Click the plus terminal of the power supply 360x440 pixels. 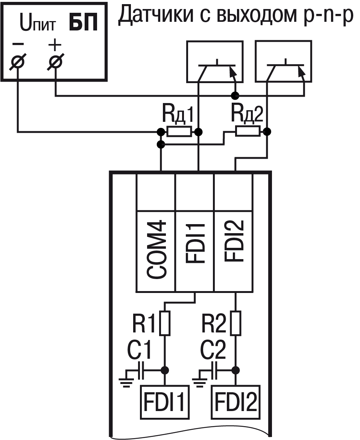(x=55, y=62)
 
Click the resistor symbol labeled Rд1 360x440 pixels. (x=179, y=132)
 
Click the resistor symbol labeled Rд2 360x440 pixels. (x=248, y=131)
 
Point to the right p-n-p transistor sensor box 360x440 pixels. (x=283, y=62)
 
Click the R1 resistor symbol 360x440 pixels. (x=165, y=323)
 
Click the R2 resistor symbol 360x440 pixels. (x=236, y=323)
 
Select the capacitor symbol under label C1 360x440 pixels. (x=141, y=370)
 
